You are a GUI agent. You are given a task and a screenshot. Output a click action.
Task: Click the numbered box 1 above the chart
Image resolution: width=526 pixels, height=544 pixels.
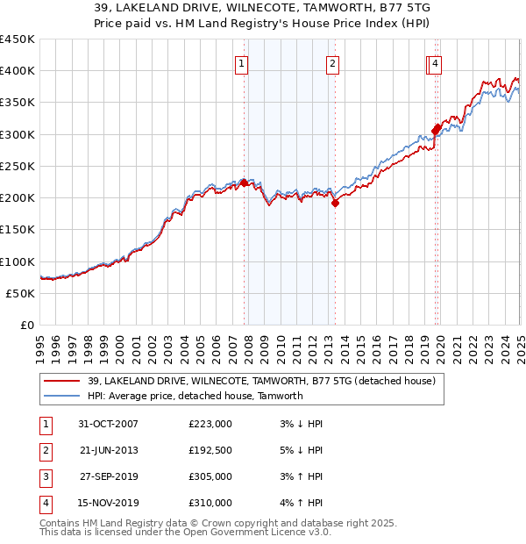click(240, 62)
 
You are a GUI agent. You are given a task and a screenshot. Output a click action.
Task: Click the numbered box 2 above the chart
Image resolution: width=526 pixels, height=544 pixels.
click(333, 62)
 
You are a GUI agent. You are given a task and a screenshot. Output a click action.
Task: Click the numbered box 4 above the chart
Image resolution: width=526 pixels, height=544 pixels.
click(435, 62)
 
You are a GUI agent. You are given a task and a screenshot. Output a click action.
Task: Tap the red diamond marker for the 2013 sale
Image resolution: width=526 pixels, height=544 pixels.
click(335, 203)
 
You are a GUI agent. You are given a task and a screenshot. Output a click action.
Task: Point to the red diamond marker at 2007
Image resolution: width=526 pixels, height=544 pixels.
click(244, 183)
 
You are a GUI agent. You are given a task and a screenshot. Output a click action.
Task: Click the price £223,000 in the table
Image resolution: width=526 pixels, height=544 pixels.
click(210, 424)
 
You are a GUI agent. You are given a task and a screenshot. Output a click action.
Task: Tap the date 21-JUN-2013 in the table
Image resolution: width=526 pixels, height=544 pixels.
click(109, 451)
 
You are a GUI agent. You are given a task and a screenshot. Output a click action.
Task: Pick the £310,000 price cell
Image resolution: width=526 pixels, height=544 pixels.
click(210, 504)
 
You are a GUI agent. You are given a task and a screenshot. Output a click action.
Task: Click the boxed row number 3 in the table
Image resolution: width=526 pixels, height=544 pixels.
click(45, 477)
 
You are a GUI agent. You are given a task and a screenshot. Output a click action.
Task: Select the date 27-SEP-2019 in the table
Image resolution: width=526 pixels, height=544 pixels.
click(109, 477)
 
